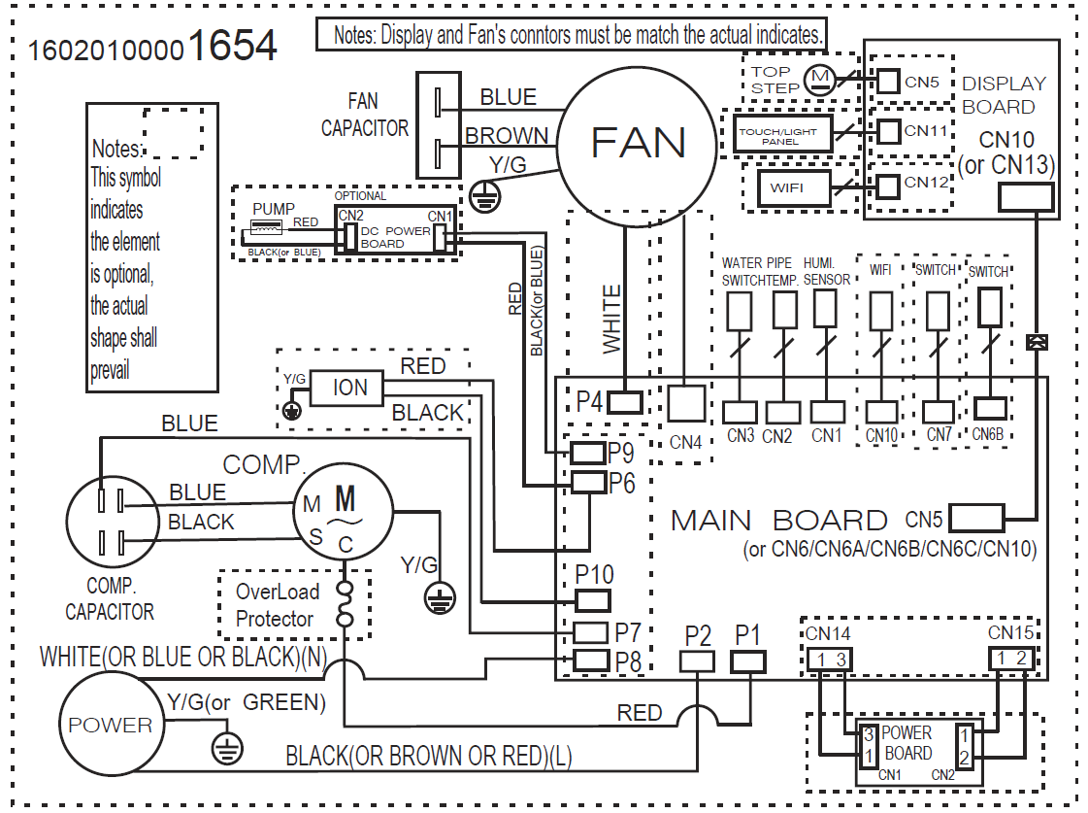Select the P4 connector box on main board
(627, 401)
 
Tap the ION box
(350, 389)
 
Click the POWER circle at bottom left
(110, 725)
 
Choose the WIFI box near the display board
(786, 186)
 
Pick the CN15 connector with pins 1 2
(1011, 659)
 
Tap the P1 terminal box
(747, 661)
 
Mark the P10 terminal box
(592, 600)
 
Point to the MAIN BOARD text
(778, 521)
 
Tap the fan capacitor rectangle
(439, 125)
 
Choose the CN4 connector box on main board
(686, 404)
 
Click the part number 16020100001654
(153, 47)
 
